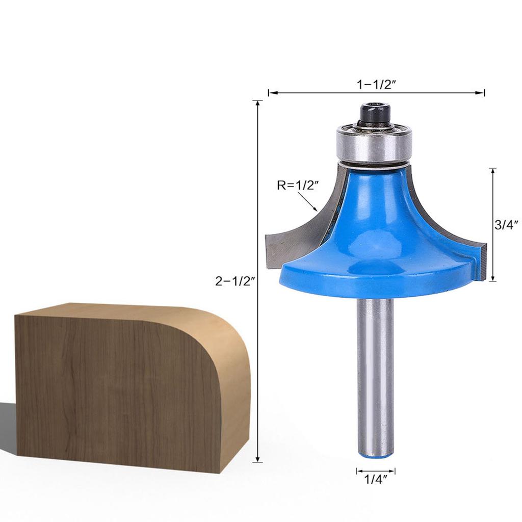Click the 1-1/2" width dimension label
pyautogui.click(x=377, y=85)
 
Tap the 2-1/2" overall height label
pyautogui.click(x=234, y=280)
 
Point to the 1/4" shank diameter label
pyautogui.click(x=376, y=479)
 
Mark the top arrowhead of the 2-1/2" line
pyautogui.click(x=259, y=102)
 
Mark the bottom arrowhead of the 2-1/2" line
pyautogui.click(x=259, y=459)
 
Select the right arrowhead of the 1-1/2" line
pyautogui.click(x=482, y=93)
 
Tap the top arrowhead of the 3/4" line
pyautogui.click(x=493, y=170)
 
